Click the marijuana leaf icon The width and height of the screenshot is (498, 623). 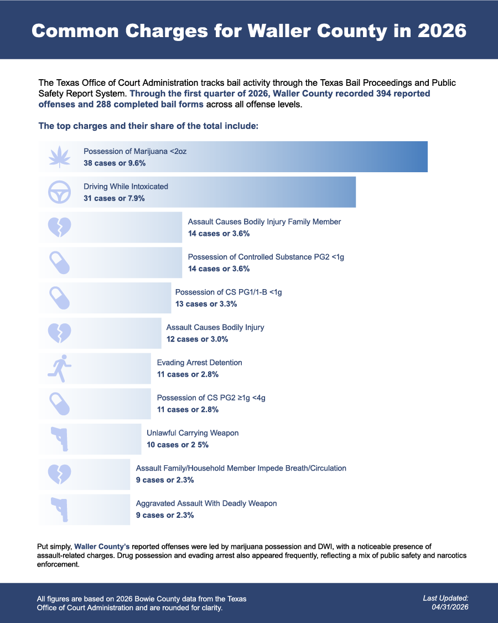[x=60, y=157]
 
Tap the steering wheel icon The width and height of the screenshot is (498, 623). [x=60, y=192]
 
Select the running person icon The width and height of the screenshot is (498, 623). [x=60, y=368]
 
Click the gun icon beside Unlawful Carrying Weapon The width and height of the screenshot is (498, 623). [x=60, y=439]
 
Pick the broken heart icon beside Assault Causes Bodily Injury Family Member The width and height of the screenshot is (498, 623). [x=60, y=227]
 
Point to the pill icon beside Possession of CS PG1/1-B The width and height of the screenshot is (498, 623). [x=60, y=298]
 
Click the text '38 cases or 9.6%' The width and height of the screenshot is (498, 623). [x=115, y=163]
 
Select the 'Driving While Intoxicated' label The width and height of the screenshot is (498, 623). [x=126, y=186]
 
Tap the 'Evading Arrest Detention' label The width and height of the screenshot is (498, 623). [x=199, y=362]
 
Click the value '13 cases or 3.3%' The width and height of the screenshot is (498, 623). [x=206, y=304]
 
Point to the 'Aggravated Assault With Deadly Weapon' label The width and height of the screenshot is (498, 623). [x=206, y=503]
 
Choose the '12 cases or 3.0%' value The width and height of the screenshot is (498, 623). [x=198, y=339]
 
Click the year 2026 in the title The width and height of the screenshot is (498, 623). [x=442, y=30]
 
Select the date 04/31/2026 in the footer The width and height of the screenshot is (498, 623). [x=450, y=607]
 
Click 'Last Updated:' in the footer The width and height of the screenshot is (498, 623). [x=445, y=598]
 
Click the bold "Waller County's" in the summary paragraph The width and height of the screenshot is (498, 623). [x=102, y=547]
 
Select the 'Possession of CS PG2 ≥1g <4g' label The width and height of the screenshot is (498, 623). [x=211, y=398]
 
